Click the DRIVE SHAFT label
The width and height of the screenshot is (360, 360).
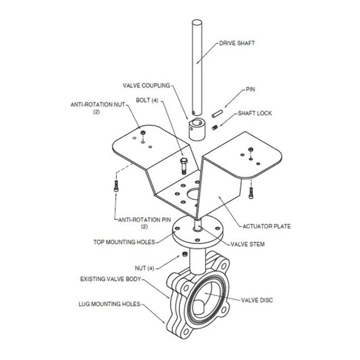[x=237, y=43]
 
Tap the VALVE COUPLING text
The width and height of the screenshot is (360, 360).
[x=147, y=86]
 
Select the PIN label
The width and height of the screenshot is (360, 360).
[x=250, y=89]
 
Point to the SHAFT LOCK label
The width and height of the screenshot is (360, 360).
[x=255, y=113]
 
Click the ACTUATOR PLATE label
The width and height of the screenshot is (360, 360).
[x=266, y=226]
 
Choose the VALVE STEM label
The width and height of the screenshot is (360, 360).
[x=247, y=244]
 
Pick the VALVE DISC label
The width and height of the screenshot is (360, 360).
[x=257, y=300]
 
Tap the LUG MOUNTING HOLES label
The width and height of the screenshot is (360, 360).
[x=110, y=304]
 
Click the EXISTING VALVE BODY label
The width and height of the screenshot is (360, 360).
[x=111, y=279]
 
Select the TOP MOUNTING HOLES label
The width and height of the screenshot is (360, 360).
[x=124, y=242]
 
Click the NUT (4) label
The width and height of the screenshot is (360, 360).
[x=145, y=268]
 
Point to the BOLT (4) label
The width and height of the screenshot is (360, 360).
[x=147, y=100]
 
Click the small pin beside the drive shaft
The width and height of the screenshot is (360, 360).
[x=217, y=114]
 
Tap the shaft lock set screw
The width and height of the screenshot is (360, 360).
[x=215, y=127]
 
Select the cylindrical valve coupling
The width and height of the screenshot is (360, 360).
[x=197, y=129]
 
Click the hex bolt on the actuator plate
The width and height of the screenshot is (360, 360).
[x=184, y=166]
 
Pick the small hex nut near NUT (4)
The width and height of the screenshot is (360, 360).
[x=185, y=254]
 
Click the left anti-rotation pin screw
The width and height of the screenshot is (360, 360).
[x=116, y=186]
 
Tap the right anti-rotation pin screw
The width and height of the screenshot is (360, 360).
[x=251, y=193]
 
